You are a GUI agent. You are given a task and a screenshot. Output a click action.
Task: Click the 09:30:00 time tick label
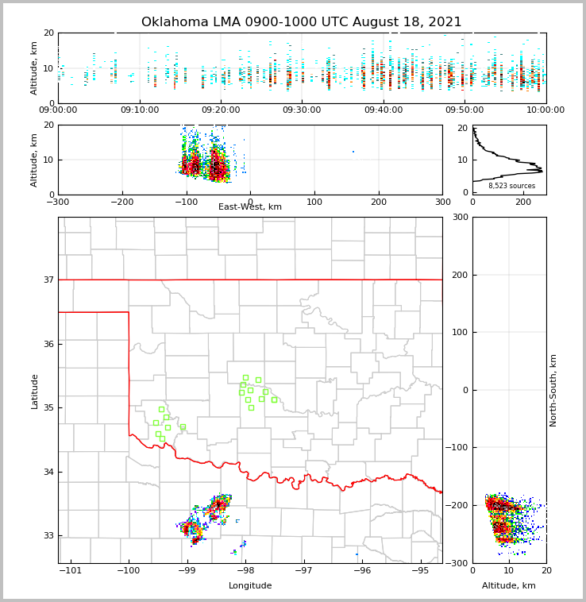point(302,110)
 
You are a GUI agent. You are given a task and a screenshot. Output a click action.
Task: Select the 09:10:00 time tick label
point(139,110)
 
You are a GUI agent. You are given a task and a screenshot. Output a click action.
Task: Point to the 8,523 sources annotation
point(511,186)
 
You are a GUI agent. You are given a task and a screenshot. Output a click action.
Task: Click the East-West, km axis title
point(250,207)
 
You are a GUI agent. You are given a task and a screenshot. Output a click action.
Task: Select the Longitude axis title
point(250,586)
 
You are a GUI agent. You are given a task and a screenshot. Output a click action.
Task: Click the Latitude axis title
point(35,391)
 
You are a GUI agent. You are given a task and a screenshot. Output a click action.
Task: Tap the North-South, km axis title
point(553,391)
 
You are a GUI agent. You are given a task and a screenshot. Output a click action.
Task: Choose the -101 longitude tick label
point(70,570)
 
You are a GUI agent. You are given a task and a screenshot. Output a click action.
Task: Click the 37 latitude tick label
point(48,280)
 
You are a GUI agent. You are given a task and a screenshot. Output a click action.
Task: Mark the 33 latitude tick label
point(48,535)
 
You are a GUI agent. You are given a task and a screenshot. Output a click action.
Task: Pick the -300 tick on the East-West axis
point(58,202)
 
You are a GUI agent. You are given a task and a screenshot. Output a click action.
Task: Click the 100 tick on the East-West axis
point(314,202)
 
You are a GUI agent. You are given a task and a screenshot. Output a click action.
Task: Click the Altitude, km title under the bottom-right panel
point(509,586)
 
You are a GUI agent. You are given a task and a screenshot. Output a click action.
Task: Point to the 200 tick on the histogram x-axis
point(523,202)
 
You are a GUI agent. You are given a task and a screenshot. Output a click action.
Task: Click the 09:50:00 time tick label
point(465,110)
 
